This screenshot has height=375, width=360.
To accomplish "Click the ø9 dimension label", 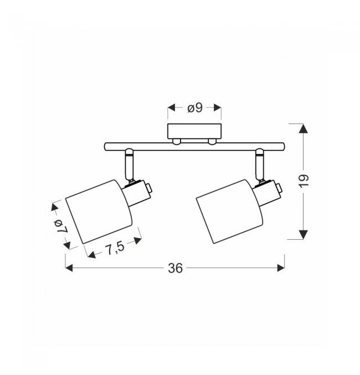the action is point(195,108).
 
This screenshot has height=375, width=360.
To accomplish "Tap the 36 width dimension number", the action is point(176,268).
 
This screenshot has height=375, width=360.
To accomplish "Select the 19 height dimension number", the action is point(304,181).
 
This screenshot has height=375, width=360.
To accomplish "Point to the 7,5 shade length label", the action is point(115,248).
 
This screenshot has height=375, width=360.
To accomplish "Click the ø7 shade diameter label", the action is point(61,226).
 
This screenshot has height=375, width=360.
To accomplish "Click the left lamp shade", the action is point(99,212).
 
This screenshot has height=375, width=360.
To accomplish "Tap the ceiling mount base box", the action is point(194,131).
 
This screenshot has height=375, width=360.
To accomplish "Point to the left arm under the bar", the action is point(128,165).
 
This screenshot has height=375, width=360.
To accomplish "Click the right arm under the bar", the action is point(259,165).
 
